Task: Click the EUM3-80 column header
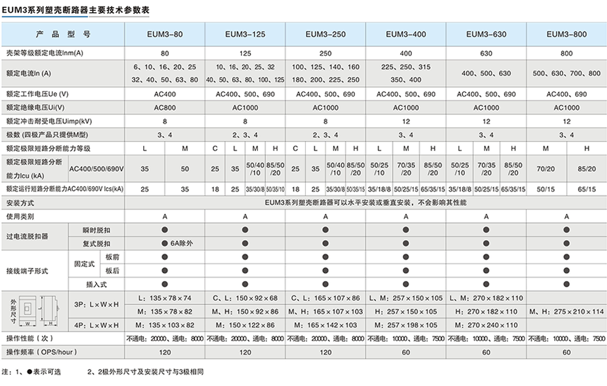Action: click(x=165, y=34)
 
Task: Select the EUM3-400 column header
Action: click(x=406, y=34)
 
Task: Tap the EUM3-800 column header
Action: click(x=566, y=34)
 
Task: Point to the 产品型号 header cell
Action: click(x=63, y=34)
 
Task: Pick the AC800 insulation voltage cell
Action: click(x=165, y=107)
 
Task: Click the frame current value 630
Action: click(x=486, y=53)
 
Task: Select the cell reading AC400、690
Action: click(x=566, y=94)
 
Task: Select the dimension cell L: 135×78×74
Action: click(x=165, y=298)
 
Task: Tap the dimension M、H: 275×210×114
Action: click(x=566, y=311)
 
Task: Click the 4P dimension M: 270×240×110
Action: click(x=486, y=325)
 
